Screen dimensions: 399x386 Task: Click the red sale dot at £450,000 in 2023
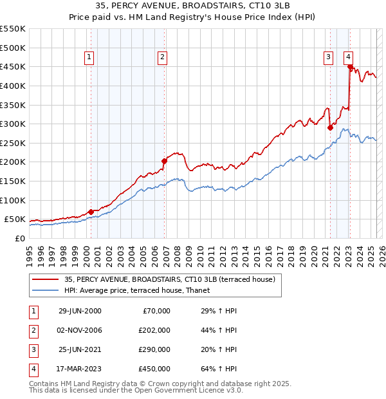coord(350,66)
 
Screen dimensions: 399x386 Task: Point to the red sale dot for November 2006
coord(164,161)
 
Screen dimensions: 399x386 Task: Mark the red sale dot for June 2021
coord(330,127)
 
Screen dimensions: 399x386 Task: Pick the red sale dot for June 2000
coord(91,211)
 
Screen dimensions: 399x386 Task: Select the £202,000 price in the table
coord(155,330)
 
